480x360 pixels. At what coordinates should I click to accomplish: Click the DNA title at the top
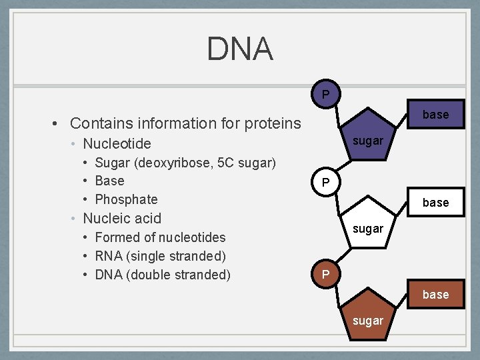[239, 49]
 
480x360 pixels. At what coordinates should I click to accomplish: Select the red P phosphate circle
[325, 182]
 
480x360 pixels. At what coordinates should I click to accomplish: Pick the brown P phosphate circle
[325, 275]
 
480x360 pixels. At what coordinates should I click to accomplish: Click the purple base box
[435, 115]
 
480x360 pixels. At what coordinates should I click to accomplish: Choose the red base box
[435, 203]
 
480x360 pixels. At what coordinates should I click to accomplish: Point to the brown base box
[435, 295]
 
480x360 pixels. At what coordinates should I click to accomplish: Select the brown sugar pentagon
[368, 319]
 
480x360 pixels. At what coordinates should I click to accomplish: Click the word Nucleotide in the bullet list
[117, 143]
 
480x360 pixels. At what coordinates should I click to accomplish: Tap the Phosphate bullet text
[126, 199]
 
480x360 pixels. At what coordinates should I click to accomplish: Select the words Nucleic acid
[121, 218]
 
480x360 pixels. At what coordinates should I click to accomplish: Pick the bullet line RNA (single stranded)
[160, 256]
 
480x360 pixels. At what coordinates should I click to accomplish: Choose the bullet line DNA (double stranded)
[163, 275]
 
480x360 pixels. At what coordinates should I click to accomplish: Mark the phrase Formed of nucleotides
[160, 237]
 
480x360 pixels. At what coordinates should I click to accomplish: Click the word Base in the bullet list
[109, 181]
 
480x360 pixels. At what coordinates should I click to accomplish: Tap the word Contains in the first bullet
[97, 123]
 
